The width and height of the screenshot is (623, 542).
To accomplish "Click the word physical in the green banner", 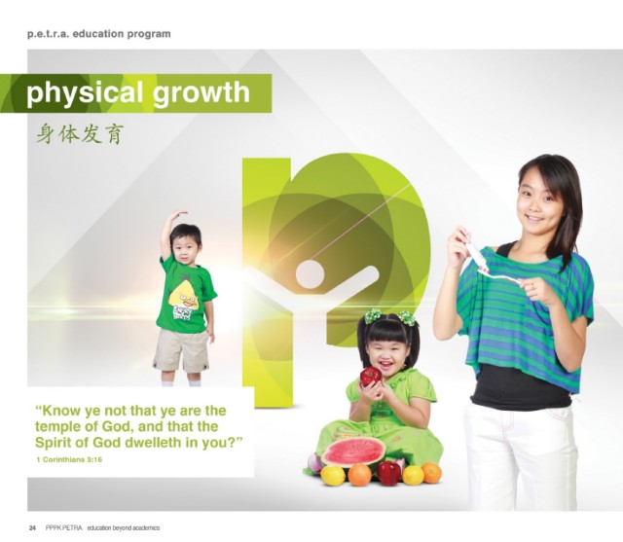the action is pyautogui.click(x=85, y=93).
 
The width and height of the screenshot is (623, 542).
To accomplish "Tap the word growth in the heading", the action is pyautogui.click(x=202, y=93).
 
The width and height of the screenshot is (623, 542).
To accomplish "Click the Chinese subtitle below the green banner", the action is pyautogui.click(x=80, y=134).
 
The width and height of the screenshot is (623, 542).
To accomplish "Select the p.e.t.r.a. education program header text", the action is pyautogui.click(x=99, y=34).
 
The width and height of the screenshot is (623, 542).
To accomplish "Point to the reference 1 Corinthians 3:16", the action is pyautogui.click(x=69, y=459).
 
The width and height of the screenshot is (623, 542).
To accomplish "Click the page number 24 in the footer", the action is pyautogui.click(x=32, y=527).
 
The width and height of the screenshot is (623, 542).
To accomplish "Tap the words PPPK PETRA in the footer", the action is pyautogui.click(x=63, y=527).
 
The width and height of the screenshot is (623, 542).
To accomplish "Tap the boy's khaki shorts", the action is pyautogui.click(x=182, y=350).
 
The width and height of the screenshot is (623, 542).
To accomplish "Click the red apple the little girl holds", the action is pyautogui.click(x=370, y=376).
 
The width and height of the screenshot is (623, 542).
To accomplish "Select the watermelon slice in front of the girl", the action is pyautogui.click(x=353, y=452).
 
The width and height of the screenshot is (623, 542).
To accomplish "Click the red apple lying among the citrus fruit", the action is pyautogui.click(x=389, y=473).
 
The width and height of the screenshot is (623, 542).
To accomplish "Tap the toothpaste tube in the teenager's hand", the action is pyautogui.click(x=475, y=255).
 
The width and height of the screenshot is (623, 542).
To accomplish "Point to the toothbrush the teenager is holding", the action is pyautogui.click(x=499, y=275).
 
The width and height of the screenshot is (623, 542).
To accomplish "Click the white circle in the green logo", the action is pyautogui.click(x=310, y=274).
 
